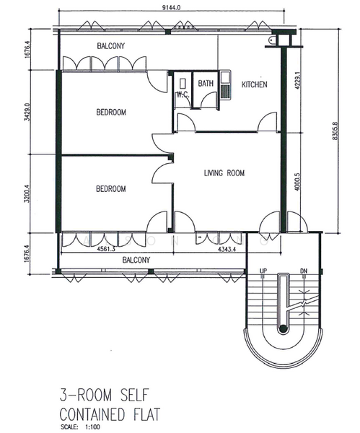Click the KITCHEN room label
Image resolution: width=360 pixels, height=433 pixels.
[254, 84]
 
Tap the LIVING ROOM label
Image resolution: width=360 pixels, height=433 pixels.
[224, 173]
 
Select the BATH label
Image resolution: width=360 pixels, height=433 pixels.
[206, 83]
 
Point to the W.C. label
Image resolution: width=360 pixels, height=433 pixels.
[183, 95]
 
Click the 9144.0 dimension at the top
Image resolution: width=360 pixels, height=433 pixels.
[172, 7]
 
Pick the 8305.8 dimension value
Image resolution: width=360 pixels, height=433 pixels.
[335, 131]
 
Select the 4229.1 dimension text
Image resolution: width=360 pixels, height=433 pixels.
[298, 80]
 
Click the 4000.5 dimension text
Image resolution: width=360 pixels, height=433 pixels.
[297, 182]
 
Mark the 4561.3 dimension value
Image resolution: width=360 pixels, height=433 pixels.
[106, 249]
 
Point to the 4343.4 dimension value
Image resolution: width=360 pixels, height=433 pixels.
[227, 250]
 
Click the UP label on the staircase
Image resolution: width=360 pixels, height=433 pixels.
[263, 271]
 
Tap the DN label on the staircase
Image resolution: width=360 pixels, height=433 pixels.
[304, 271]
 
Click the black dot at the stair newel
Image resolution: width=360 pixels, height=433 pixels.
[283, 328]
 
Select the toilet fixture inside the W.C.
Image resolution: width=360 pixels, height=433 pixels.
[183, 84]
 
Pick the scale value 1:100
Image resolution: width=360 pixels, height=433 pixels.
[93, 427]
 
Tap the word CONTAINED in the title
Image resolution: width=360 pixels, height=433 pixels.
[92, 414]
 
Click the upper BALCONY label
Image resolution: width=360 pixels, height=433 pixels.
[110, 46]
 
